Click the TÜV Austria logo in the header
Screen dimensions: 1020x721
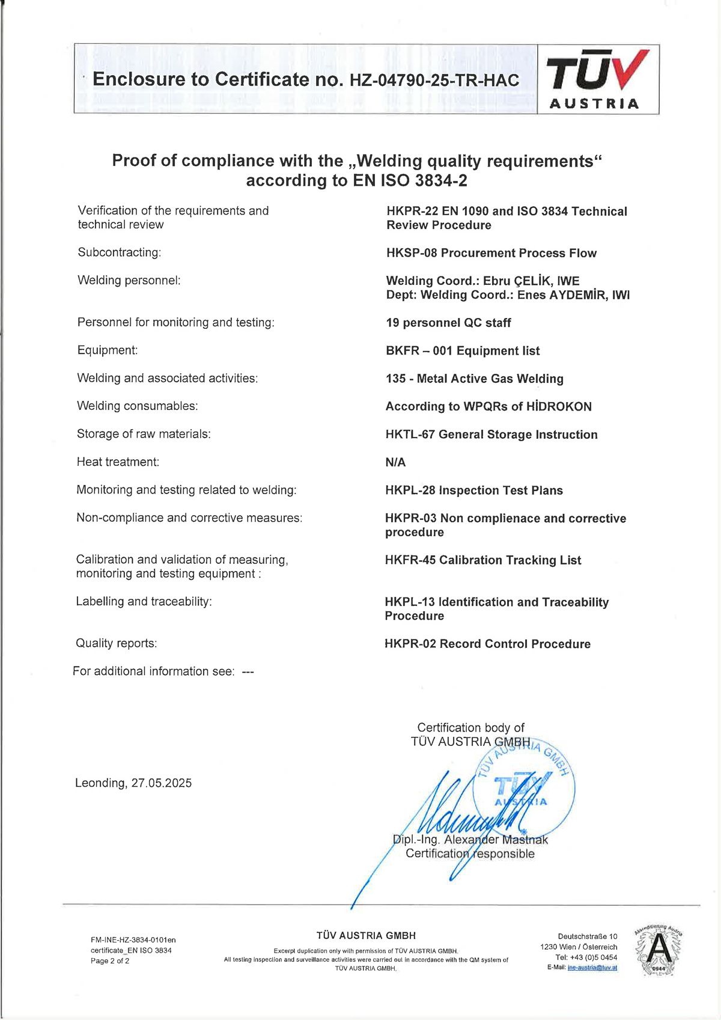pos(598,79)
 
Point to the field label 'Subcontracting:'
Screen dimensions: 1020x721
pos(120,252)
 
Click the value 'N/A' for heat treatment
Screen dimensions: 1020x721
pos(395,462)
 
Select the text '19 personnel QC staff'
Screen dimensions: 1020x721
pos(448,323)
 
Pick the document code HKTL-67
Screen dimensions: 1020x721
pos(410,435)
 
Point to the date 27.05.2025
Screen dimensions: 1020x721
pos(162,783)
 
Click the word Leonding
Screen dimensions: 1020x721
pos(100,783)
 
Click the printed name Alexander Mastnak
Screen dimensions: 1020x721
pos(496,840)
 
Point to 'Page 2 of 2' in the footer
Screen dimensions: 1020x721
pos(110,961)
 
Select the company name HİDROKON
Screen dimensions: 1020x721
pos(559,406)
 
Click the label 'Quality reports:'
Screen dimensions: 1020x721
pos(116,644)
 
